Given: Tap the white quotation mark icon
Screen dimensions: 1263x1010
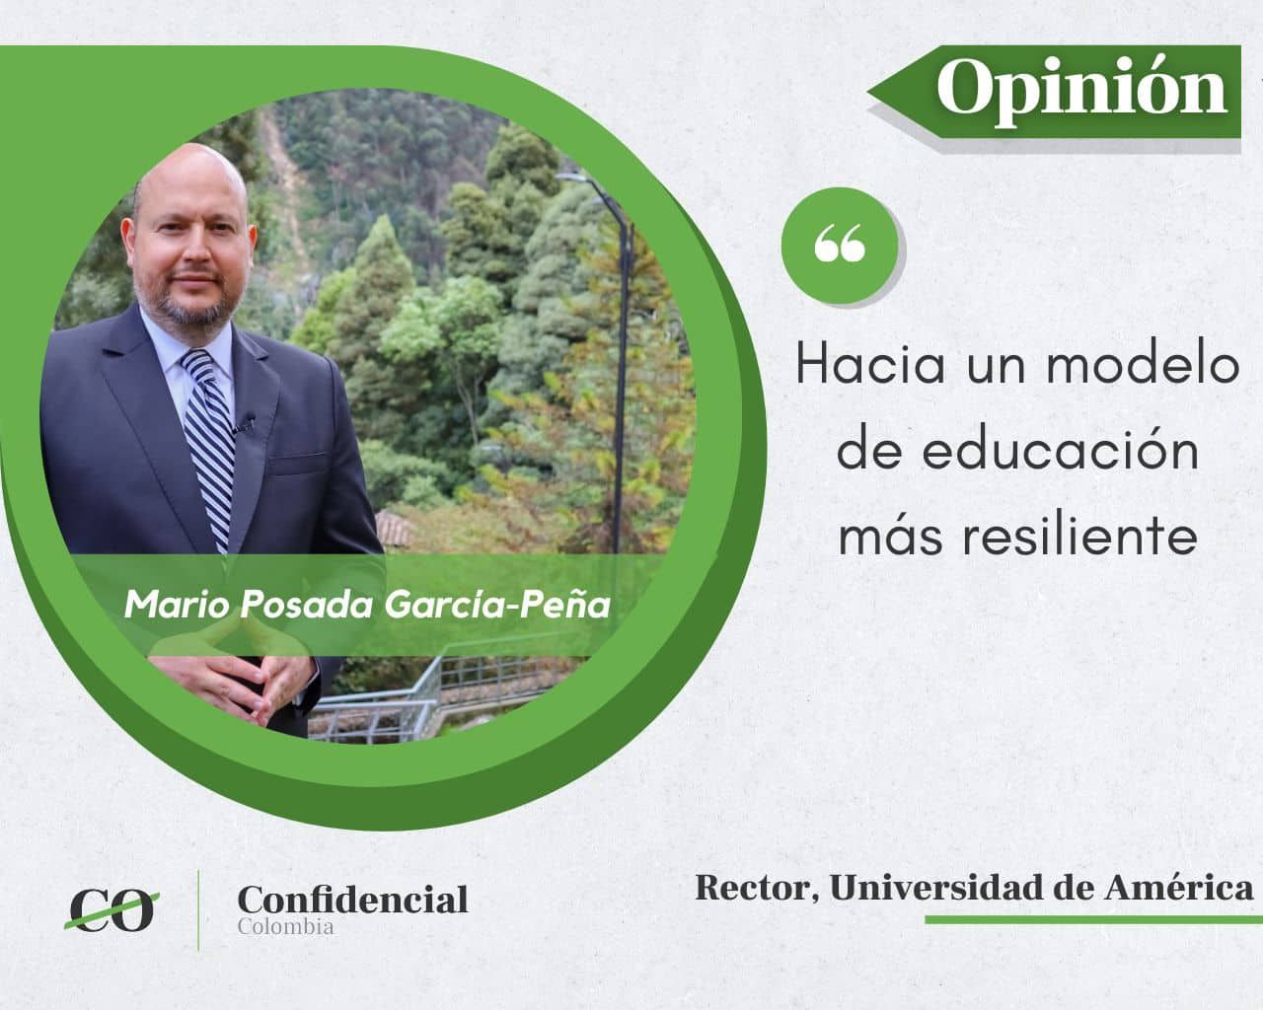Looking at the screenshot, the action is [x=840, y=243].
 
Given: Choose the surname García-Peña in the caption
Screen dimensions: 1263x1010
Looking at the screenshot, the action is [x=497, y=604].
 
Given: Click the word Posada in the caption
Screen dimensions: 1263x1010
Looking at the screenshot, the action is [x=305, y=604].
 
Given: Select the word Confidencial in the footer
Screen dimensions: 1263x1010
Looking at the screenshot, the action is [x=352, y=900].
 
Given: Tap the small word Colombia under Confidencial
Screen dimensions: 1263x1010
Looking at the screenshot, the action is [x=286, y=927].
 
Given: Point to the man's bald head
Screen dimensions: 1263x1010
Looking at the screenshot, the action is [x=190, y=177].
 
